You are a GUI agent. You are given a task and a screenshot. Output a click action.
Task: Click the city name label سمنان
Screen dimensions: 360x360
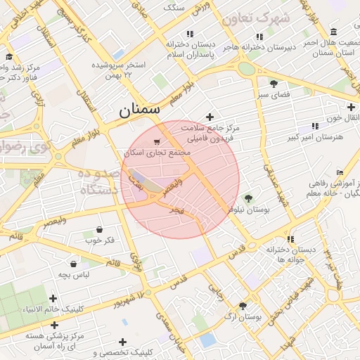(x=139, y=109)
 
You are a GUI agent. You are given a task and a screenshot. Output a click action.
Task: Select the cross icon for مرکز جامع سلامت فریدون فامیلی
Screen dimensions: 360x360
(x=209, y=117)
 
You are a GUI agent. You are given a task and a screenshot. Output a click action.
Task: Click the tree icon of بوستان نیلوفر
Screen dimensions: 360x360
(x=247, y=198)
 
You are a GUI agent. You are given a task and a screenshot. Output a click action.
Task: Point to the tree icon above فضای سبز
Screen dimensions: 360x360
(x=274, y=83)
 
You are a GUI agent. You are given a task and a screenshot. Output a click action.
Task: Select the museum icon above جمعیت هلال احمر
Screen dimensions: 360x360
(x=333, y=32)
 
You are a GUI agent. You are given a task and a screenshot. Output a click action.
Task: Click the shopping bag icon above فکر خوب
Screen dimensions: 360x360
(x=98, y=229)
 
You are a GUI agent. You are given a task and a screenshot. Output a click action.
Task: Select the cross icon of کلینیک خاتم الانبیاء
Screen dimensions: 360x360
(x=53, y=299)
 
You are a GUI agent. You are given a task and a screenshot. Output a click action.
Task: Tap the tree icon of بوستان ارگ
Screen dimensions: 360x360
(x=243, y=306)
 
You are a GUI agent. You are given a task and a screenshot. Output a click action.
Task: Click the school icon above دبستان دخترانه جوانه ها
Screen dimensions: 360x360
(x=291, y=239)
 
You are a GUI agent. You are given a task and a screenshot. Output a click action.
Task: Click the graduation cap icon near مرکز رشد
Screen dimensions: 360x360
(x=8, y=57)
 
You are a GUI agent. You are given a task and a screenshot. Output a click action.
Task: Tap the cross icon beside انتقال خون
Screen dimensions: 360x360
(x=331, y=108)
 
